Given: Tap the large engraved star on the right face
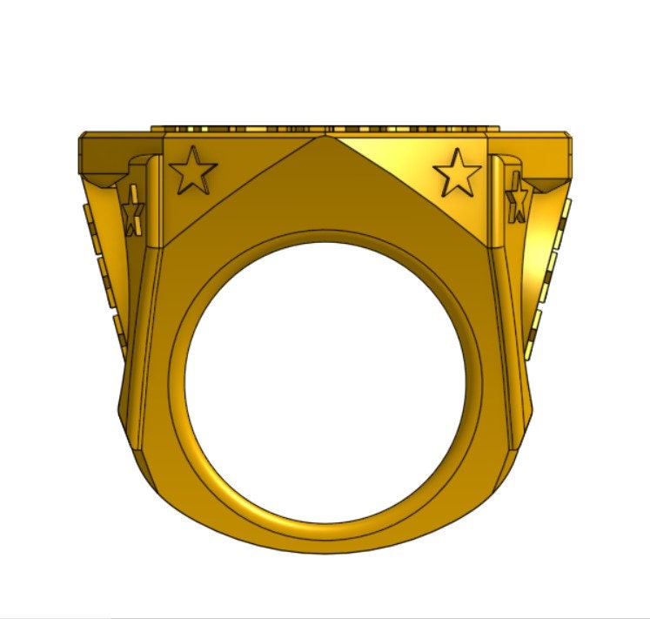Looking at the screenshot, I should click(457, 172).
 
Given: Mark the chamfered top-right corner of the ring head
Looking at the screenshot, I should click(570, 138).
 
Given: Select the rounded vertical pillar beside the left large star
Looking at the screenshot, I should click(154, 200).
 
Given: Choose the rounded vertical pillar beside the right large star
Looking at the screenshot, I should click(497, 200).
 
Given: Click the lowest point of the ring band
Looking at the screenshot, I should click(325, 550).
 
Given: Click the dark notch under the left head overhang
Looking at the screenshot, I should click(108, 179).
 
